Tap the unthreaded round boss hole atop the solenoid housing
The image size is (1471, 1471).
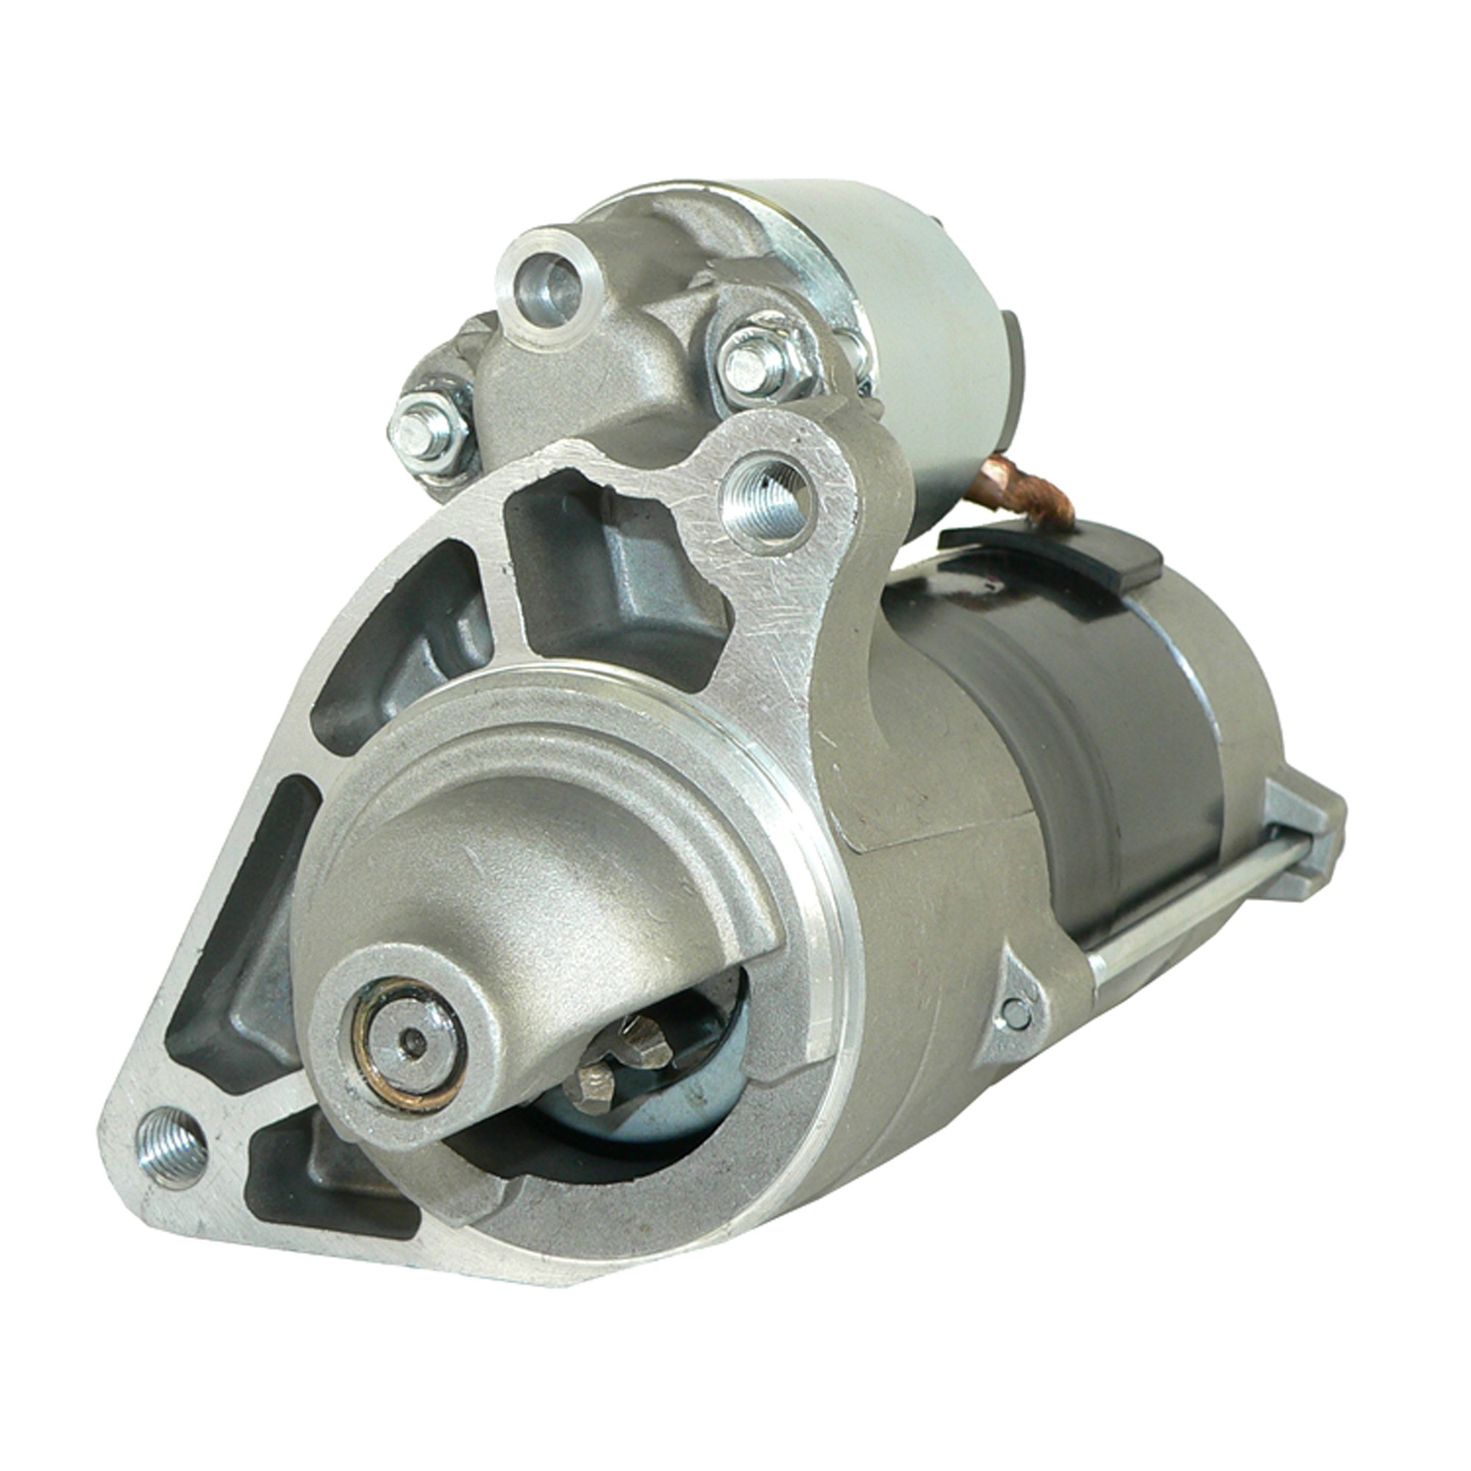[549, 285]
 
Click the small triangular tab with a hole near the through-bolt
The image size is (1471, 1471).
[1016, 1005]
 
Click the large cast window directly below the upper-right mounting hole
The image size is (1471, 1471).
[609, 579]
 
